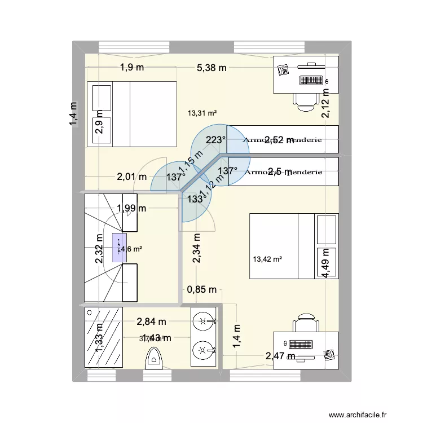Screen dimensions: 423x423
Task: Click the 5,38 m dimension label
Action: (x=211, y=68)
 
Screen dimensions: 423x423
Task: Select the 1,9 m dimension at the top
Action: (x=131, y=68)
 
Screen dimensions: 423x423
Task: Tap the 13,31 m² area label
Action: (x=202, y=113)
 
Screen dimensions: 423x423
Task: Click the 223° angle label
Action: (x=216, y=140)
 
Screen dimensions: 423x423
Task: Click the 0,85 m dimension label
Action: (x=202, y=290)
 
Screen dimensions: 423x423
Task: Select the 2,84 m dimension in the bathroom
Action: (x=151, y=321)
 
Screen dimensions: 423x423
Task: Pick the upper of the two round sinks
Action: (x=202, y=321)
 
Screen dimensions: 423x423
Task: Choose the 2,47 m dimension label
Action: (x=281, y=356)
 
